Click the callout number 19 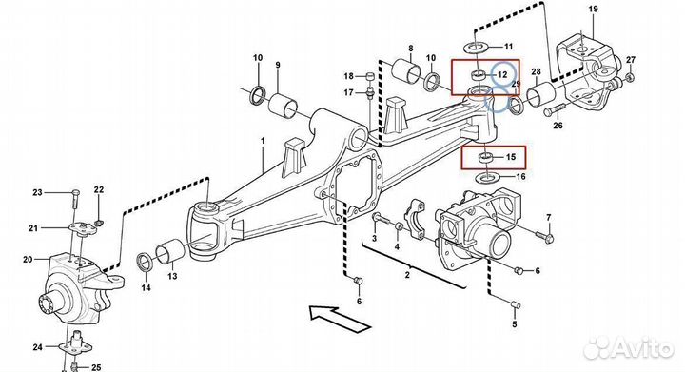[x=593, y=10]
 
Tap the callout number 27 [x=631, y=60]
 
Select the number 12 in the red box [x=502, y=74]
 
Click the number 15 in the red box [x=510, y=157]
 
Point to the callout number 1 [x=263, y=141]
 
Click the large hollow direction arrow [x=340, y=319]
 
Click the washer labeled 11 [x=475, y=47]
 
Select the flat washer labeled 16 [x=486, y=178]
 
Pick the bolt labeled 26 [x=555, y=108]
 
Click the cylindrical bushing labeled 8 [x=406, y=70]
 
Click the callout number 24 [x=37, y=347]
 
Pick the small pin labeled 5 [x=515, y=303]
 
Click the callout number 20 [x=28, y=260]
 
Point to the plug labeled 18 [x=370, y=76]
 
